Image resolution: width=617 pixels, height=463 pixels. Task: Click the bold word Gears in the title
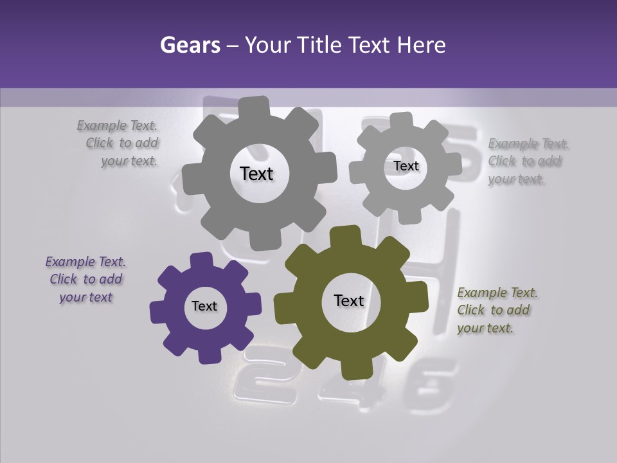pos(190,45)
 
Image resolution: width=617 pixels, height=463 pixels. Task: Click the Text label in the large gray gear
pos(256,174)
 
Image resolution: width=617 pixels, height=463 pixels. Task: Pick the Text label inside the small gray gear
pos(406,166)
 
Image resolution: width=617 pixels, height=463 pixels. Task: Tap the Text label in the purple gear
pos(204,306)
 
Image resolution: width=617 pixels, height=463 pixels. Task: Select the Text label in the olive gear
pos(349,300)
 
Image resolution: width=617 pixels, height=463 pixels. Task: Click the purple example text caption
pos(85,280)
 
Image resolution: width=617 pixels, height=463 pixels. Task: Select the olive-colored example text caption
pos(497,311)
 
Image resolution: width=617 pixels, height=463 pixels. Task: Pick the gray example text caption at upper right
pos(527,161)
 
